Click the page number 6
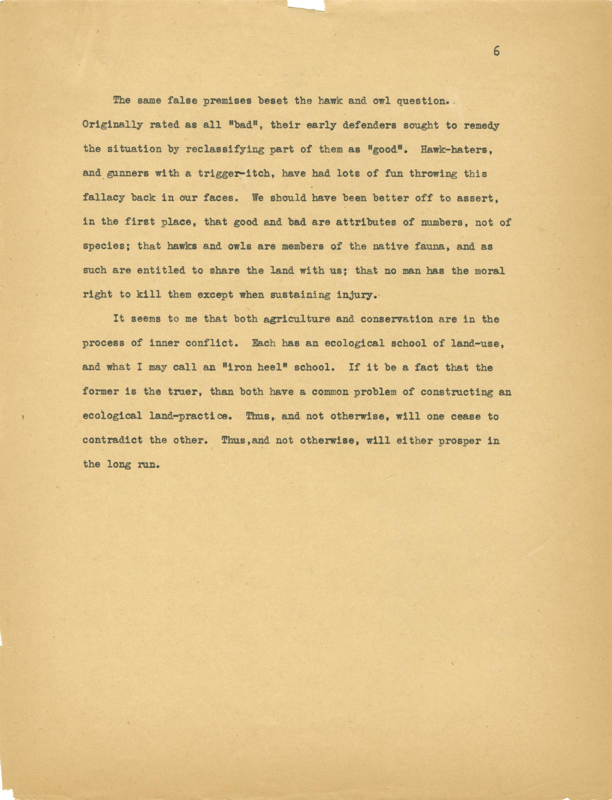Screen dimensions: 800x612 496,51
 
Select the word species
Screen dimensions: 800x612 106,246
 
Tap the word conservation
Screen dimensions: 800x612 396,319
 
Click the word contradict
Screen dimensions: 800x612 112,440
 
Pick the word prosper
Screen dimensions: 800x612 459,441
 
